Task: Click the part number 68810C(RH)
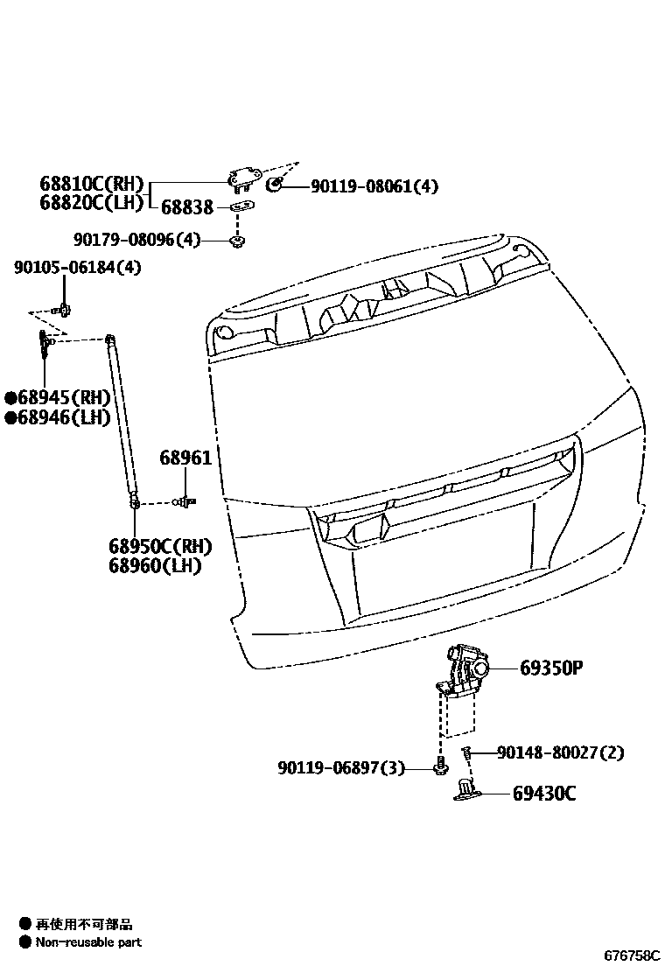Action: pos(91,185)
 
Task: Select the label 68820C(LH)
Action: pos(91,203)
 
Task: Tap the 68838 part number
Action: pos(186,206)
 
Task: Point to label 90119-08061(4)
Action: pos(374,186)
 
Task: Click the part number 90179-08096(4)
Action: pos(137,239)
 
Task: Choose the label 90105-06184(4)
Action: pos(77,268)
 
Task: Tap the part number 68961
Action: pos(185,458)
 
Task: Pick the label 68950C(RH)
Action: pos(160,547)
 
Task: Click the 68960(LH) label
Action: pos(155,566)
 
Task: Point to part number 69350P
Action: pos(551,668)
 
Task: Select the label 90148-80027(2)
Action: pos(560,752)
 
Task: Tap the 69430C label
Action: pos(544,794)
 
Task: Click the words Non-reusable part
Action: pos(87,942)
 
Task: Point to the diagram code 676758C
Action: pos(632,956)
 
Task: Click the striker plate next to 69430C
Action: pos(468,793)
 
